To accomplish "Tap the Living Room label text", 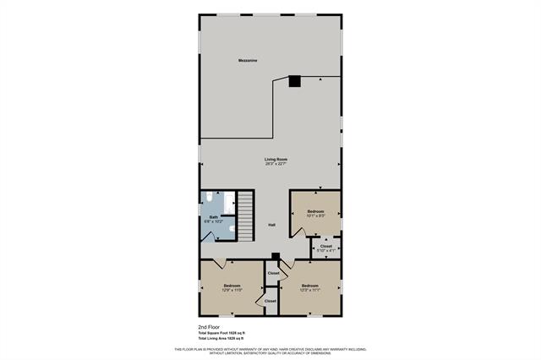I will click(276, 160).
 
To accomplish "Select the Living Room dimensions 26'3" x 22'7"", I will click(276, 165).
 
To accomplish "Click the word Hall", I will click(271, 225).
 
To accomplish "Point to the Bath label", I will click(215, 217).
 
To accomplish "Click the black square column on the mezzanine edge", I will click(294, 81).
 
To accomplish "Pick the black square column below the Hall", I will click(276, 258).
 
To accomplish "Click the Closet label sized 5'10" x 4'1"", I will click(326, 247).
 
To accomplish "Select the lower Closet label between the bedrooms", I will click(270, 301).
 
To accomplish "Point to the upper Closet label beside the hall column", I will click(274, 273).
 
